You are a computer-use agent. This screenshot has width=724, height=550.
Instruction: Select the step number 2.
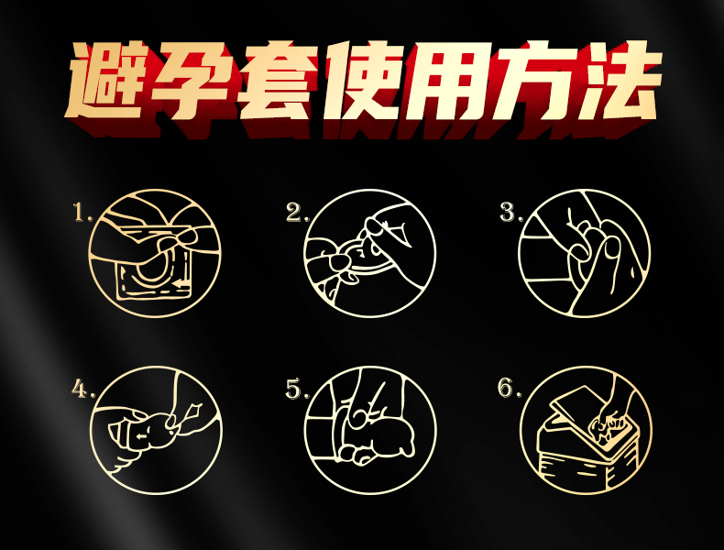[x=294, y=214]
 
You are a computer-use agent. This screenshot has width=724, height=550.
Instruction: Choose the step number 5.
[x=294, y=389]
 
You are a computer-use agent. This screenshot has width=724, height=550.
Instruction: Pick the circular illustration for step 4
[x=155, y=428]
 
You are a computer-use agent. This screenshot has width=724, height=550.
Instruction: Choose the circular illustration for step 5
[x=370, y=428]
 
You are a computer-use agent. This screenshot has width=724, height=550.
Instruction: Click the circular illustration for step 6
[x=584, y=428]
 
